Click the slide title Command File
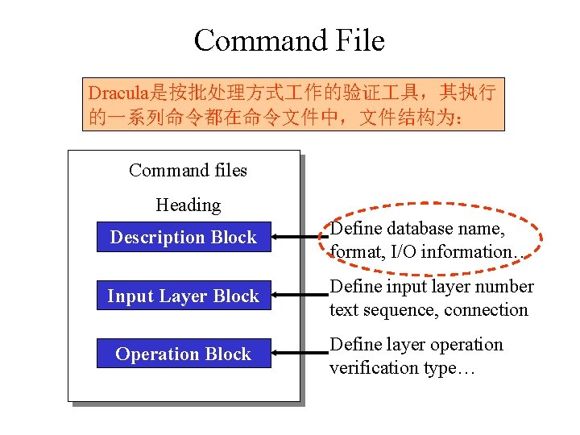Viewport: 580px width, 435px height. [x=289, y=40]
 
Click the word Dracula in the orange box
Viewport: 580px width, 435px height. [x=116, y=91]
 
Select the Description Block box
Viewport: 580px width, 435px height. [x=184, y=237]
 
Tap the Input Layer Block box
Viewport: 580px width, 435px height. [x=184, y=296]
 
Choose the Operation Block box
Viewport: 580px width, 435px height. [x=184, y=354]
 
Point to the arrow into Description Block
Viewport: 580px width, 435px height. [x=298, y=237]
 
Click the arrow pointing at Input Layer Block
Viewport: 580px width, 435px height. [x=298, y=296]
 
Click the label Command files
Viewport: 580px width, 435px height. [x=188, y=170]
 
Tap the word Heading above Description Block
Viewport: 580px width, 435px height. [x=188, y=205]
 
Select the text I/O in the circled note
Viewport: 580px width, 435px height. [x=404, y=251]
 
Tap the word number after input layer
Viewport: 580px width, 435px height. [x=505, y=287]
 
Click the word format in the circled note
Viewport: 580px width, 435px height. [x=356, y=251]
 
